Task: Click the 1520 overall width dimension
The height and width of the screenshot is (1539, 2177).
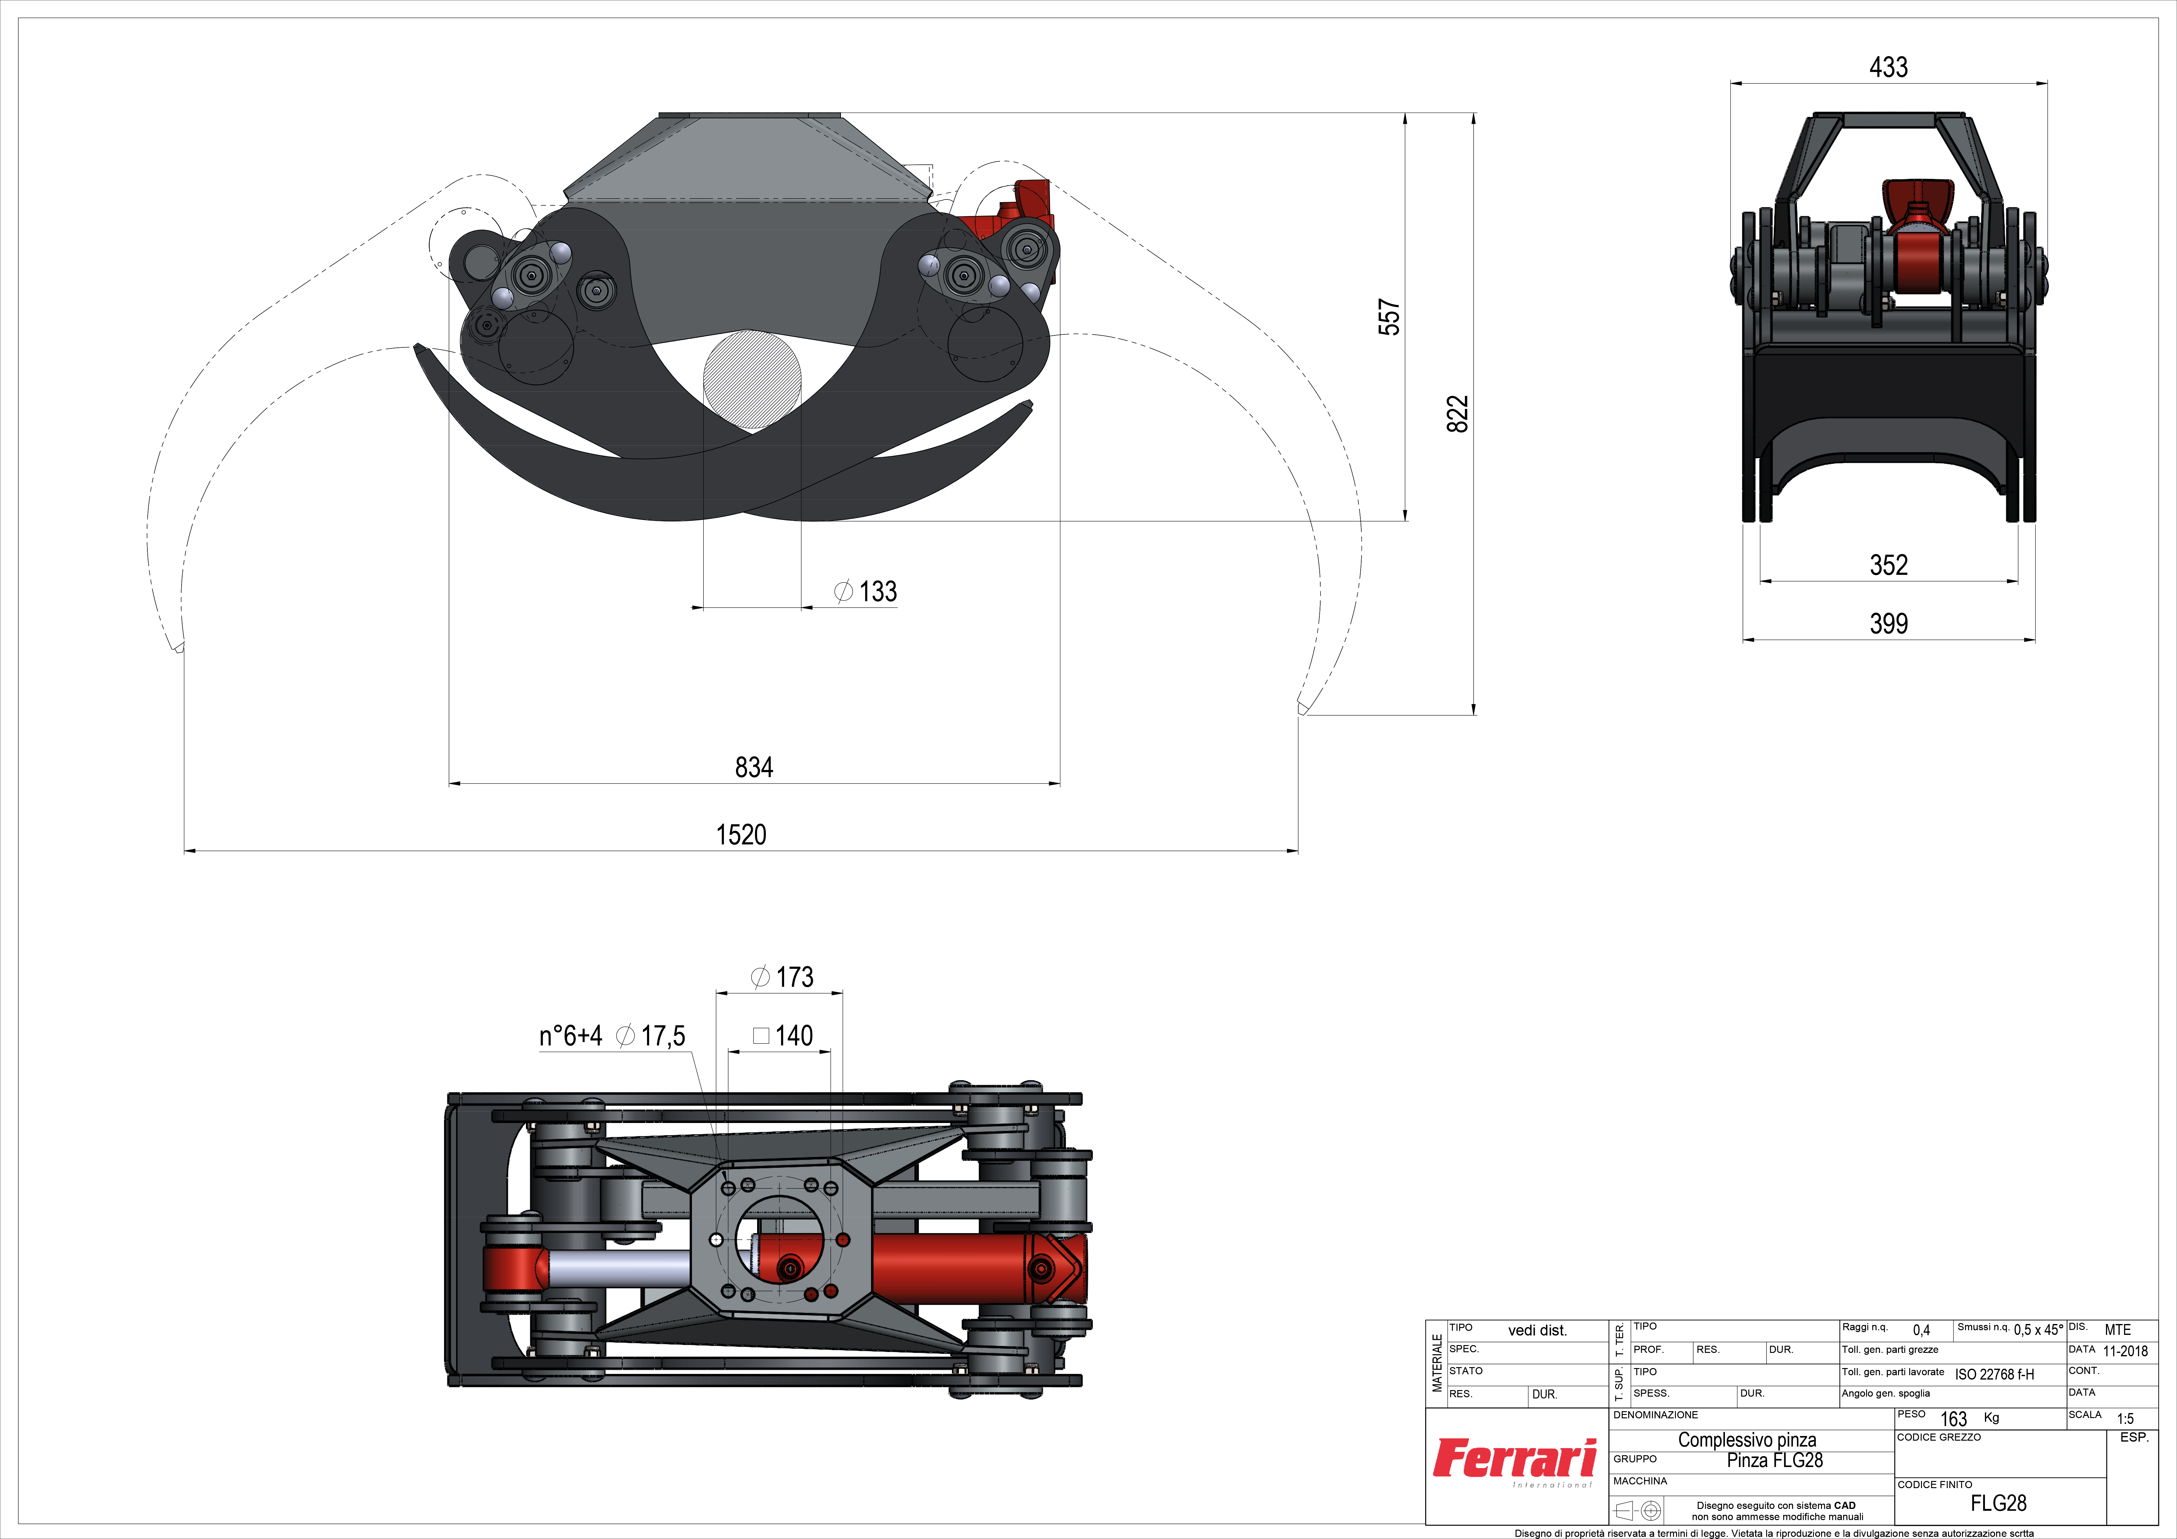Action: click(741, 834)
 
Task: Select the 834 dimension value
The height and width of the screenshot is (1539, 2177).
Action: click(754, 767)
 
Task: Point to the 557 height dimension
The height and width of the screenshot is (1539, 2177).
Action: click(1389, 317)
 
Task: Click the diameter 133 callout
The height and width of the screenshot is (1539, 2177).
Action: click(865, 592)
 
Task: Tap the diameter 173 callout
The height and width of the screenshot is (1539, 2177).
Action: click(782, 977)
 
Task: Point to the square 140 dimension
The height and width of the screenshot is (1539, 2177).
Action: click(783, 1036)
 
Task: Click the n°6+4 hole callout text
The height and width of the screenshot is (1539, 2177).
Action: click(571, 1036)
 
